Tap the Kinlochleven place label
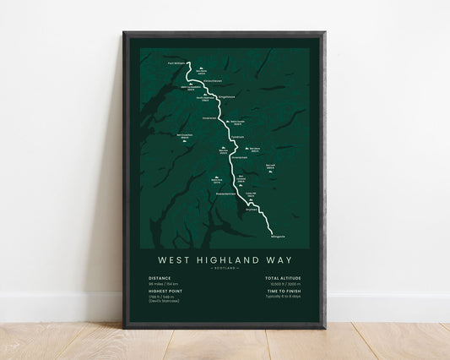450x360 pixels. [x=212, y=80]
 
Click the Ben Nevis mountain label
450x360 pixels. [x=200, y=71]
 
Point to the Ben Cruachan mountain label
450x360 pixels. [x=185, y=136]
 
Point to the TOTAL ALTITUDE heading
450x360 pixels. [x=283, y=277]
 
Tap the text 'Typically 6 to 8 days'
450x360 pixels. [x=284, y=298]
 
